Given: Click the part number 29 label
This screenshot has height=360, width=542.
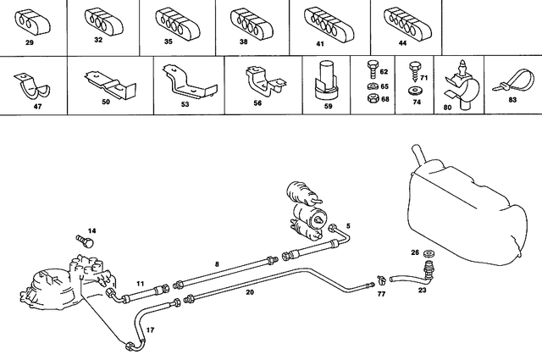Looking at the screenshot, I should click(30, 41).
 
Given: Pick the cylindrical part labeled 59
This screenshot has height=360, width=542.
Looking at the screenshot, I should click(325, 77).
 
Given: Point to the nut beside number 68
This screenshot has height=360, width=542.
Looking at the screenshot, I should click(370, 99).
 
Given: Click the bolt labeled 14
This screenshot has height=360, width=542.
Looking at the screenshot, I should click(81, 241).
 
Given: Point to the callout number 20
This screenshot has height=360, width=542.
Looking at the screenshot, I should click(250, 291).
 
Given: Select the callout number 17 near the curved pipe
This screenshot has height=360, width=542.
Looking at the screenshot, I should click(151, 329).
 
